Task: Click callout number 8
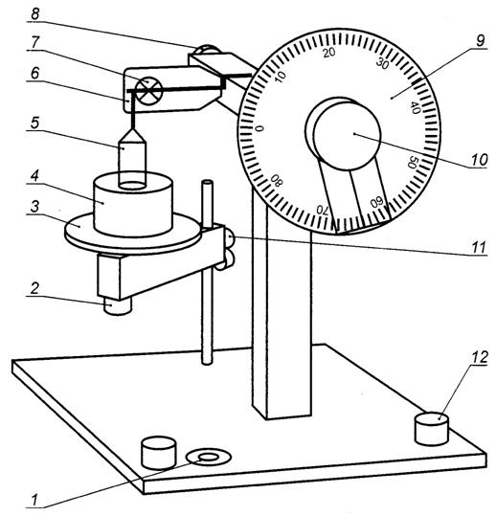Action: (x=34, y=14)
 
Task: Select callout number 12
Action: (x=480, y=357)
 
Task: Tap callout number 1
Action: (x=35, y=501)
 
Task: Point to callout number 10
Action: (x=479, y=160)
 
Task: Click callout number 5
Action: (x=35, y=123)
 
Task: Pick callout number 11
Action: (x=479, y=247)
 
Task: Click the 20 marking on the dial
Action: (x=328, y=53)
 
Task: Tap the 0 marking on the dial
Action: (x=259, y=128)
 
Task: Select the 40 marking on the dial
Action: (x=415, y=108)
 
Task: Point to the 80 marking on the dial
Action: (x=277, y=180)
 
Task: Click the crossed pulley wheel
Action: (x=149, y=92)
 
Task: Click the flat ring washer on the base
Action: (x=208, y=457)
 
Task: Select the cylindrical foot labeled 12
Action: (x=432, y=429)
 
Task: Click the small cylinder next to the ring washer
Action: (x=158, y=453)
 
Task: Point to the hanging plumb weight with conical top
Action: (x=132, y=159)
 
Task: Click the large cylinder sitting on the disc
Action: (x=133, y=204)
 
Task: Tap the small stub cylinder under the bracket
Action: (x=118, y=306)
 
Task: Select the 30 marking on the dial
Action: (x=382, y=63)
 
